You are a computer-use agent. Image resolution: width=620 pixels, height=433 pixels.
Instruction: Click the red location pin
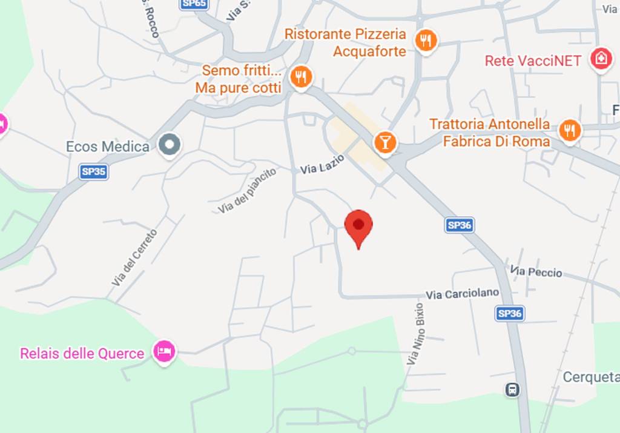click(358, 226)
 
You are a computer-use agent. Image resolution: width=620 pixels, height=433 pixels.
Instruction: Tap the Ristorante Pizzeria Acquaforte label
click(345, 42)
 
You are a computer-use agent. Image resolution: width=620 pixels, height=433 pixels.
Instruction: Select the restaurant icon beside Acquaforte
click(427, 41)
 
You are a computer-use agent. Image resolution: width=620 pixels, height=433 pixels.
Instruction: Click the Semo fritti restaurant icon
click(301, 77)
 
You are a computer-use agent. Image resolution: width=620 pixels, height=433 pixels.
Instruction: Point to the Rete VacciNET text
click(533, 61)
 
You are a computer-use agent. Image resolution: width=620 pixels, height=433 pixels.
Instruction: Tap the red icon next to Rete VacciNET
click(601, 59)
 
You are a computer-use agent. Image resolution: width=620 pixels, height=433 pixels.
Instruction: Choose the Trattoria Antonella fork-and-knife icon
click(570, 130)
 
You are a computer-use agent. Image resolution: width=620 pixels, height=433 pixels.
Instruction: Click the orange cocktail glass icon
click(384, 142)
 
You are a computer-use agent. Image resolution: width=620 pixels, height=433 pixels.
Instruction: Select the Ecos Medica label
click(108, 147)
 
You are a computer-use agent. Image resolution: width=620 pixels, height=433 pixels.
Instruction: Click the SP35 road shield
click(93, 172)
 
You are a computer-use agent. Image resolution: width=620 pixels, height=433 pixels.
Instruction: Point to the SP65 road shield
click(193, 4)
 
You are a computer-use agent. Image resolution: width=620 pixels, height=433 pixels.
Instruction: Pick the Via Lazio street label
click(322, 165)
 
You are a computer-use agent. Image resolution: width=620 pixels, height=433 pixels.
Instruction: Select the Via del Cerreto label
click(134, 257)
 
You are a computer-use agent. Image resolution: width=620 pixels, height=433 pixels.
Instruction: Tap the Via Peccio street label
click(536, 272)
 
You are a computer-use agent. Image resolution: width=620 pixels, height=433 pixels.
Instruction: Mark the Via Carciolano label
click(462, 294)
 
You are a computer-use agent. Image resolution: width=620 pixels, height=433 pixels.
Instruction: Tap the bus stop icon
click(512, 389)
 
